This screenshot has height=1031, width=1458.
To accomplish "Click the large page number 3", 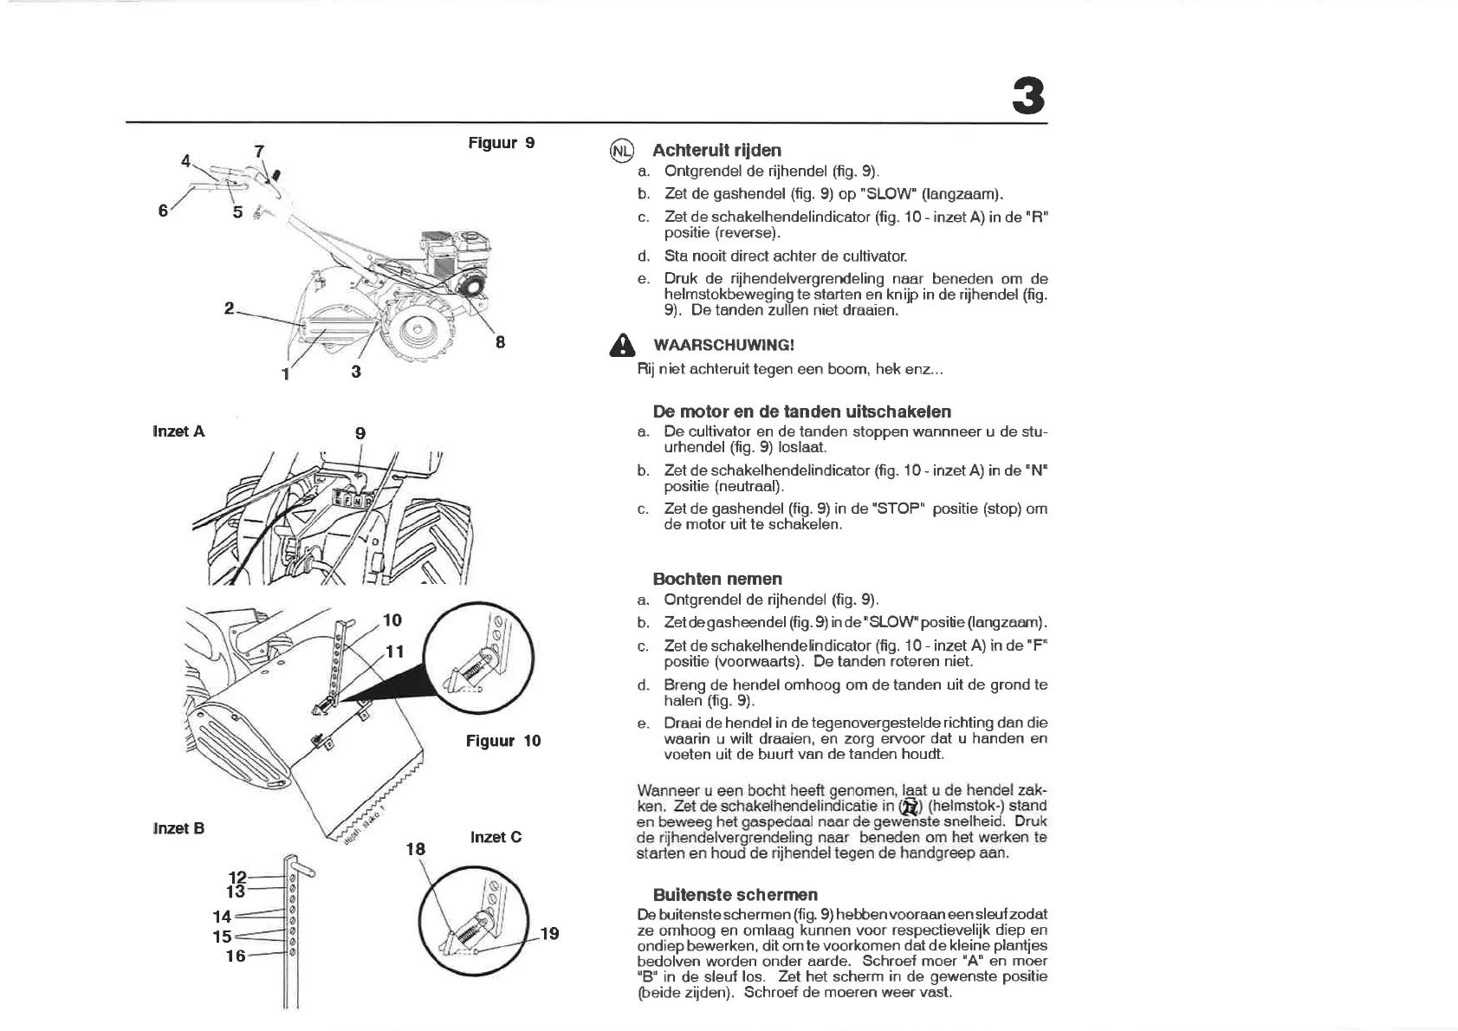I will coord(1028,96).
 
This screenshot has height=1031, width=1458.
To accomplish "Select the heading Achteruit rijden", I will coord(716,150).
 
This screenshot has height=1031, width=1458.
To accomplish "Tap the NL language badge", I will coord(622,151).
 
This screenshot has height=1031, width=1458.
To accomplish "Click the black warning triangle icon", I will coord(622,346).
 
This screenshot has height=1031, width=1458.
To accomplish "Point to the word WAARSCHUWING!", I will coord(723,345).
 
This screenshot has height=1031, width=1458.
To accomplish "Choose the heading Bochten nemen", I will coord(716,579).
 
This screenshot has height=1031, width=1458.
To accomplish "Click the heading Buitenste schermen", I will coord(735,894).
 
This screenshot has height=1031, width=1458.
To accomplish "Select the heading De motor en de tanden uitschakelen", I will coord(801,412).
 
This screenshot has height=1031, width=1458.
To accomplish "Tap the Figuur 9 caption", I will coord(501,143).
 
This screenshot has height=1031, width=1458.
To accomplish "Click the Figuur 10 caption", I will coord(502,741).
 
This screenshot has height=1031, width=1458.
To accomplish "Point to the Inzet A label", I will coord(178,431).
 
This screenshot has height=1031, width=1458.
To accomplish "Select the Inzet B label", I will coord(178,828).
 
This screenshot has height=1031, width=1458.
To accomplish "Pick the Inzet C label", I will coord(496,837).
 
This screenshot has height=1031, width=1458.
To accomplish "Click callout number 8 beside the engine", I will coord(500,342).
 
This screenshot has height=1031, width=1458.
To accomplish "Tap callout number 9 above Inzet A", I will coord(360,433).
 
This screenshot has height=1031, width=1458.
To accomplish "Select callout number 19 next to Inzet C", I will coord(549,934).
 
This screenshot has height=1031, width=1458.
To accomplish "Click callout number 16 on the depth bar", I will coord(235,956).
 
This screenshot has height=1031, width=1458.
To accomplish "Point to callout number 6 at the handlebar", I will coord(163,211).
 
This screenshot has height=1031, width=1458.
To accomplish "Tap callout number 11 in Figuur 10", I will coord(394,652).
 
